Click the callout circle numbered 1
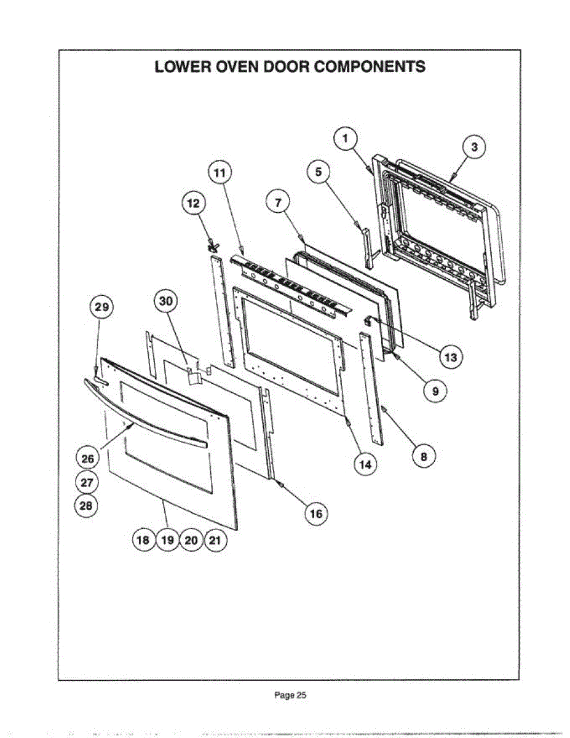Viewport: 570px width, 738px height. coord(346,138)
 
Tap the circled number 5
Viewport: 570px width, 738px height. coord(318,173)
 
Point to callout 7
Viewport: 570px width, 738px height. coord(278,201)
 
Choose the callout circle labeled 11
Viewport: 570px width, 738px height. coord(219,173)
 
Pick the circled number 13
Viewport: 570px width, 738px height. coord(451,357)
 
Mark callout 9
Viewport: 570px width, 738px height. coord(435,391)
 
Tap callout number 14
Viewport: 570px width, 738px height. coord(365,464)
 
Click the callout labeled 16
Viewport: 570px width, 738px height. coord(315,514)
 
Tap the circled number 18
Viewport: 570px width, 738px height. coord(143,541)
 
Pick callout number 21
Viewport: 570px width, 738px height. coord(215,541)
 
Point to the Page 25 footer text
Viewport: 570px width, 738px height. coord(290,696)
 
